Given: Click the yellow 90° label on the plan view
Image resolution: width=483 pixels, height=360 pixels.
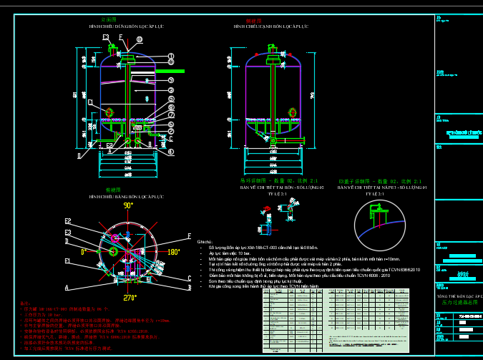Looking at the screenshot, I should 128,205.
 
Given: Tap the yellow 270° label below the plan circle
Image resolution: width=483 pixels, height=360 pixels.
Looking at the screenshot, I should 129,298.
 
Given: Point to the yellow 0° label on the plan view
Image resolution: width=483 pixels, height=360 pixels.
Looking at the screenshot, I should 84,252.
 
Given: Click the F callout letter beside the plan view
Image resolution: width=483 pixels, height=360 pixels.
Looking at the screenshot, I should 189,235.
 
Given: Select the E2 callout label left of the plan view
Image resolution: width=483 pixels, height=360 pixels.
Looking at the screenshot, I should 68,221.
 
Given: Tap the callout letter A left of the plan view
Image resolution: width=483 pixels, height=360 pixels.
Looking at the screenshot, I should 67,288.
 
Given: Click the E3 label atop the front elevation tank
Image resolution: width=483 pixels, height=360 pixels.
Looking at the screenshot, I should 106,37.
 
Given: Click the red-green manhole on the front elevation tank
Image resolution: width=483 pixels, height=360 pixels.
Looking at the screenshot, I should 109,112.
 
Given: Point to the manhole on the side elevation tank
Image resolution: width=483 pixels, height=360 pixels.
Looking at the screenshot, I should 293,111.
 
